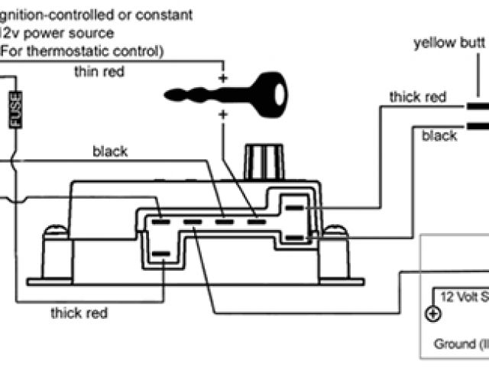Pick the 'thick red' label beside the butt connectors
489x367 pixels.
point(418,97)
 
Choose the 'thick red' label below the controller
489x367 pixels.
point(79,313)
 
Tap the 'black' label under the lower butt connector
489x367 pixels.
point(439,135)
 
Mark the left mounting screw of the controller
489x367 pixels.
point(53,232)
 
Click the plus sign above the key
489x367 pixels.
point(224,79)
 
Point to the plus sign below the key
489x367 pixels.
point(224,115)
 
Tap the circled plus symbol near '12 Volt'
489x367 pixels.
point(433,314)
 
